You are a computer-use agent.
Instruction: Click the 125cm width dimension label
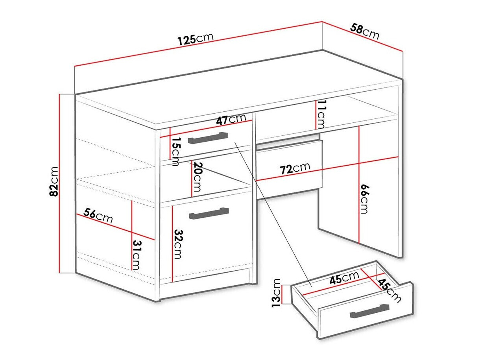click(x=195, y=39)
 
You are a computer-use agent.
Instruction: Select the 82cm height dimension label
click(x=54, y=181)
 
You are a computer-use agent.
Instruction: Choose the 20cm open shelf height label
click(x=198, y=177)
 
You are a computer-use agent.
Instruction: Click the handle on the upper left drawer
click(x=208, y=138)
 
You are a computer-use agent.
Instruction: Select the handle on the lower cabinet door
click(x=209, y=213)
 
